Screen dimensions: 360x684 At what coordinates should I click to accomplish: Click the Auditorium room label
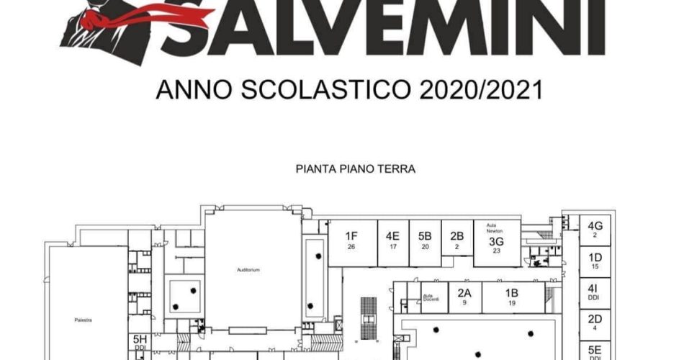coord(248,270)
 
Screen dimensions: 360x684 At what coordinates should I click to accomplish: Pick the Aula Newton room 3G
coord(495,242)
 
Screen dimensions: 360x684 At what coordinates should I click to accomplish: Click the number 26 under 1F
coord(351,248)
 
